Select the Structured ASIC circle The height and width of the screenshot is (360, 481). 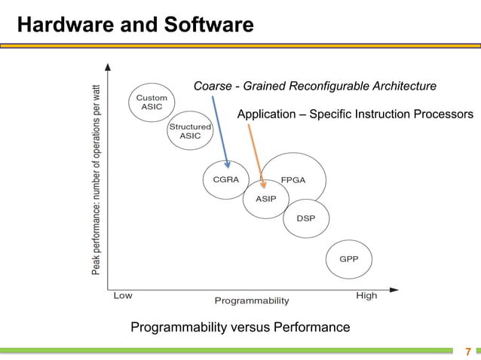pos(190,131)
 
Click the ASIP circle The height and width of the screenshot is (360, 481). pos(265,199)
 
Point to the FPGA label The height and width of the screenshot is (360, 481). pos(293,180)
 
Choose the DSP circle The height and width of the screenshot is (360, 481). pos(305,218)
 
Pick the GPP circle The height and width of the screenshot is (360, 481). pos(348,259)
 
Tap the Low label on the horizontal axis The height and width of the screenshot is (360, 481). pos(123,296)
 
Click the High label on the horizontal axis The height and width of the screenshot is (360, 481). pos(366,296)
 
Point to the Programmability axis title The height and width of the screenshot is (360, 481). pos(252,301)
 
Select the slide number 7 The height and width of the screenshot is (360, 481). pos(467,352)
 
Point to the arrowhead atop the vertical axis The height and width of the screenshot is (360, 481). pos(110,66)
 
